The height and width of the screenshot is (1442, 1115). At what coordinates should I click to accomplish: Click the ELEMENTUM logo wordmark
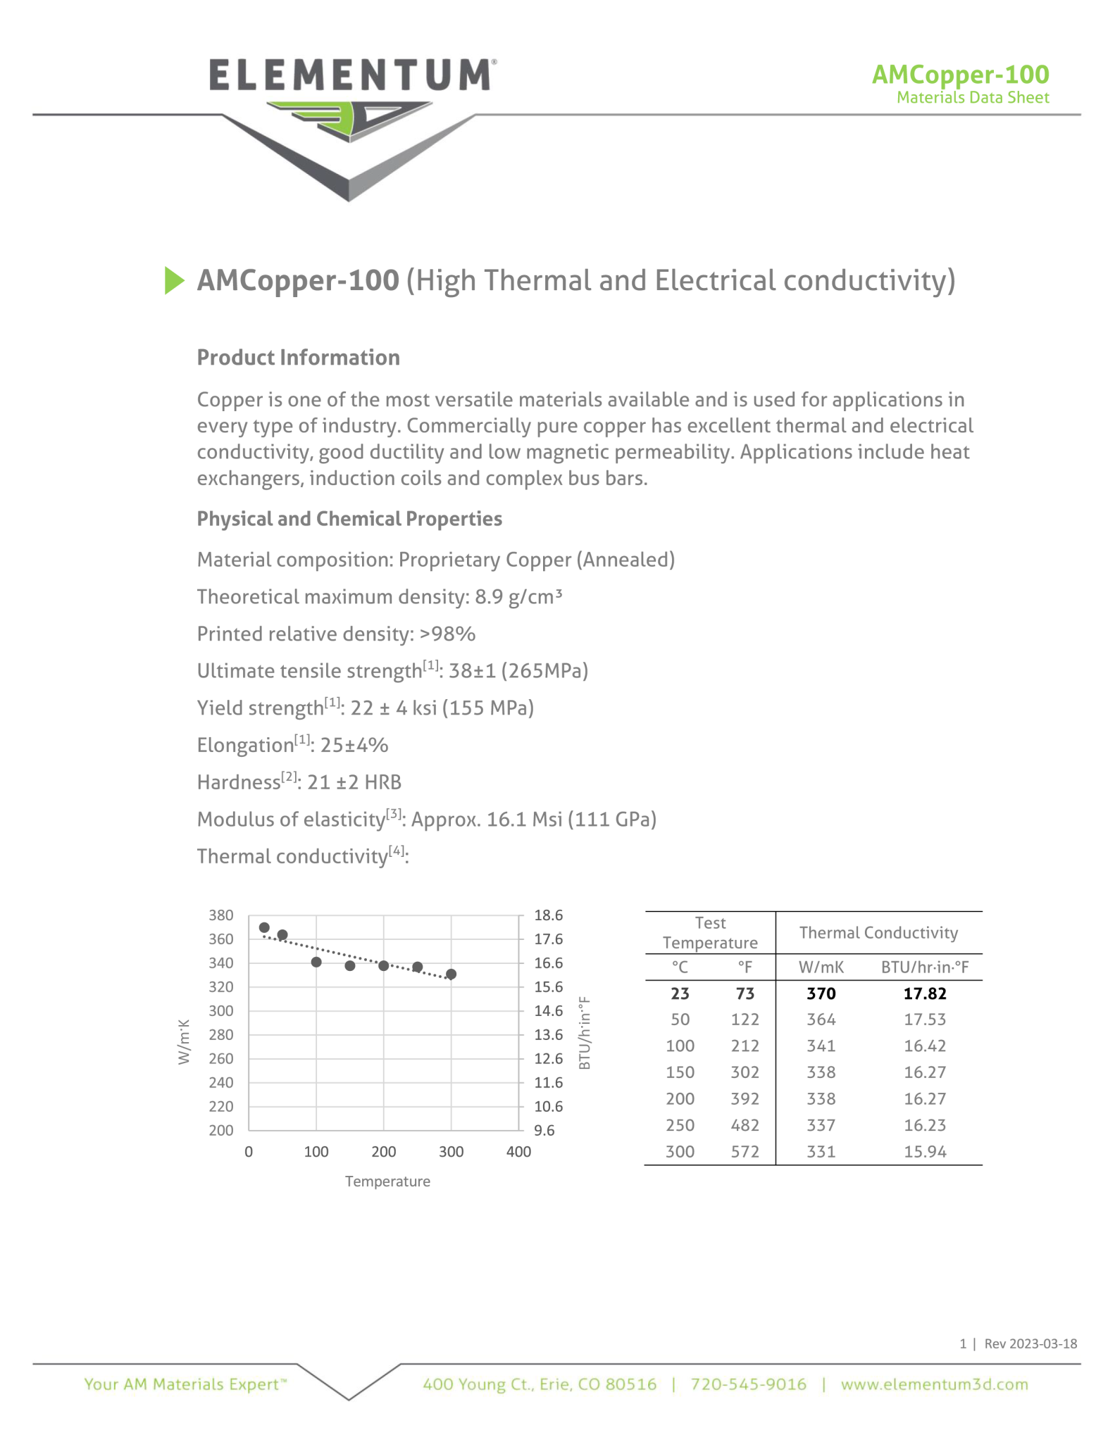coord(350,75)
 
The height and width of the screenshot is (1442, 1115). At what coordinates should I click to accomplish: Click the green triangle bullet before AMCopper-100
coord(173,280)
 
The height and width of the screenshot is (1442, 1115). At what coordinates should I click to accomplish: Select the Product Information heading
coord(298,358)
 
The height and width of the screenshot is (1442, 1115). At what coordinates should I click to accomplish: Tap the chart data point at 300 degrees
coord(451,974)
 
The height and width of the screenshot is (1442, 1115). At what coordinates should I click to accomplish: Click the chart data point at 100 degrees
coord(316,962)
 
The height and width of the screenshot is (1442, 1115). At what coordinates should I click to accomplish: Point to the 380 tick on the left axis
coord(221,915)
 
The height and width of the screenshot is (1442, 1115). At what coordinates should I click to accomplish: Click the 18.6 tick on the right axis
coord(548,915)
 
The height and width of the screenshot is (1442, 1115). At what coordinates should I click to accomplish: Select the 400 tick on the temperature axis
coord(518,1152)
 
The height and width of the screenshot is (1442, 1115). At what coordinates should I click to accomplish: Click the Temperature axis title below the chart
coord(387,1181)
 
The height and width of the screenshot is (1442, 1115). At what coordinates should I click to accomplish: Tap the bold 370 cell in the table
coord(821,993)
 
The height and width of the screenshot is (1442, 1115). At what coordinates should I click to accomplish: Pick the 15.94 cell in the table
coord(925,1152)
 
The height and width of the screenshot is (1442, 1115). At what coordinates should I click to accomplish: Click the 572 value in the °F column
coord(745,1152)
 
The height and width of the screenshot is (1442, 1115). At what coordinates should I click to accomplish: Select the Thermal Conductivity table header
coord(878,933)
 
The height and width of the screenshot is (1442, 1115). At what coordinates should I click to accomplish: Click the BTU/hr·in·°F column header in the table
coord(925,967)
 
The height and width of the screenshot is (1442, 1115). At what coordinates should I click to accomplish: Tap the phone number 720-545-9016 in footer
coord(748,1384)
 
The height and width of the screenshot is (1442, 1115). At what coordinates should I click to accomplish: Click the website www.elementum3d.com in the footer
coord(934,1384)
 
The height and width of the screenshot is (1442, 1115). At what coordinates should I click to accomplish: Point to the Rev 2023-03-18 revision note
coord(1030,1343)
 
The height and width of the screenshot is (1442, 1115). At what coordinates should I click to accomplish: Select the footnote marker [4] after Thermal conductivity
coord(397,851)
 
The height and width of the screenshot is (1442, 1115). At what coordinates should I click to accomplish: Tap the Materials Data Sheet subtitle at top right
coord(972,98)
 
